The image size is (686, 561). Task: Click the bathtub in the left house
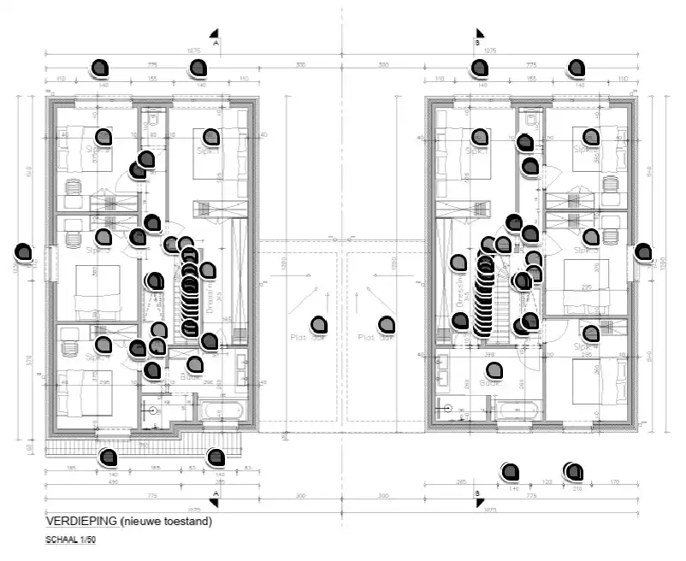pos(225,412)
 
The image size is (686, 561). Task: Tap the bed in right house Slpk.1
pos(466,154)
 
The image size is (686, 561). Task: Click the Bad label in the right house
pos(488,383)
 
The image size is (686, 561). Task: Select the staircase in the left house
pos(190,299)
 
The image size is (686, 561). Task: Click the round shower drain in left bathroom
pos(154,410)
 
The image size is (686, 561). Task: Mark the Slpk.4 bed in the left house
pos(86,389)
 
